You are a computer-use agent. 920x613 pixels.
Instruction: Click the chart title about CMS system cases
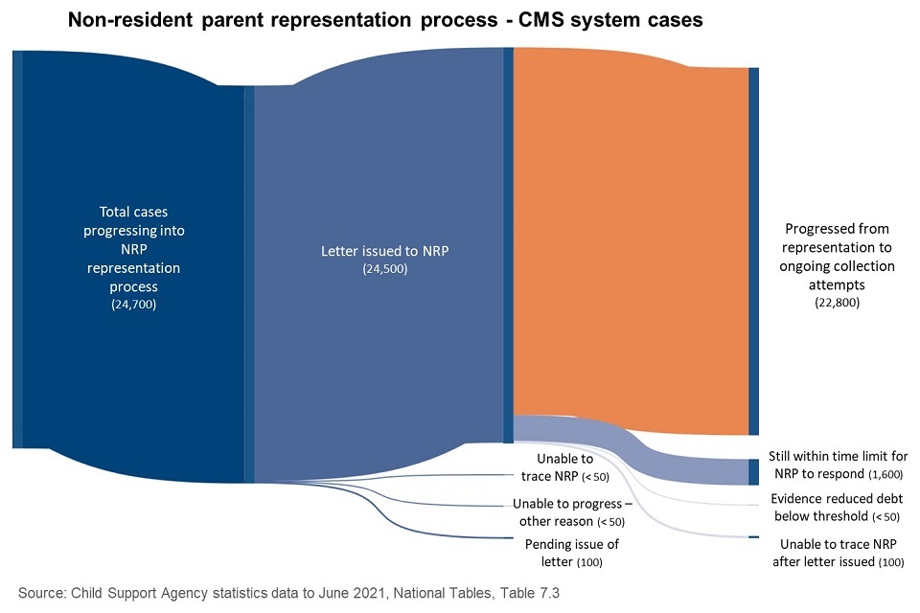click(384, 19)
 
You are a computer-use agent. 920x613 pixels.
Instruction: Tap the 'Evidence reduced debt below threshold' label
click(837, 508)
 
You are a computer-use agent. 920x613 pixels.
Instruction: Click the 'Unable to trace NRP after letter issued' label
click(837, 553)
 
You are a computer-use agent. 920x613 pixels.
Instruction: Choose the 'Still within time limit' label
click(838, 465)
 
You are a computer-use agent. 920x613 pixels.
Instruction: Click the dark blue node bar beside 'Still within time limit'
click(753, 471)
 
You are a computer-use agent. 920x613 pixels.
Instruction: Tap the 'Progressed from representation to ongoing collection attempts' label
click(823, 266)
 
